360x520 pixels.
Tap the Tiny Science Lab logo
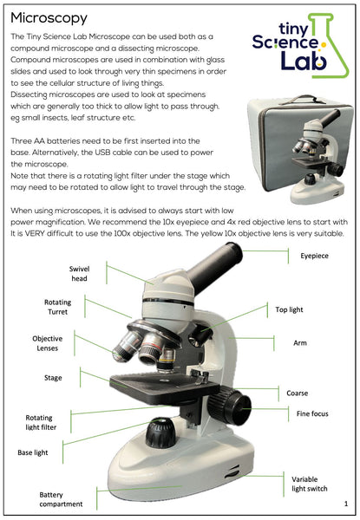(x=295, y=48)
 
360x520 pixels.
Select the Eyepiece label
(x=314, y=257)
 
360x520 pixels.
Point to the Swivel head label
(x=79, y=274)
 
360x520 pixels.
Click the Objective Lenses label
(x=47, y=343)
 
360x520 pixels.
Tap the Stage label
(x=53, y=378)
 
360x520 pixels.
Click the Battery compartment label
(x=60, y=498)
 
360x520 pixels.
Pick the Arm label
(x=300, y=343)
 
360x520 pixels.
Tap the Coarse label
(x=298, y=393)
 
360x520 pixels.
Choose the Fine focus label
(x=312, y=413)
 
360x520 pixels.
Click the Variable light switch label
(x=310, y=484)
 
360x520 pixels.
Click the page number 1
(x=345, y=504)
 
